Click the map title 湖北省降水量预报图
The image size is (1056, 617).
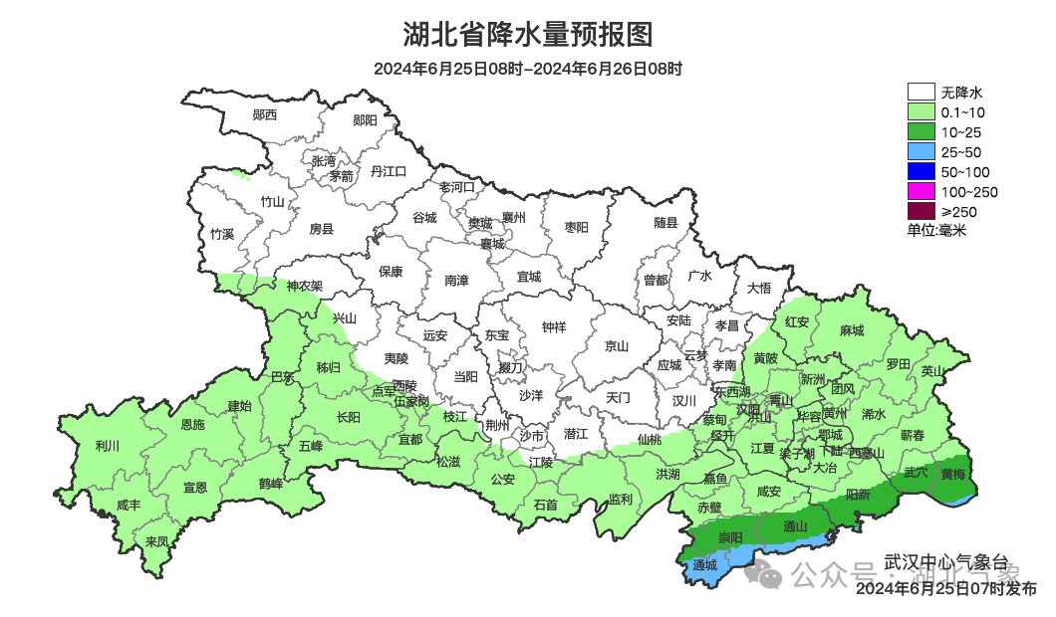point(528,35)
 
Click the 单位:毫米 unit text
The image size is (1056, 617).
point(936,230)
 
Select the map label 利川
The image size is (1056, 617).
point(107,446)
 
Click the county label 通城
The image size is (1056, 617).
point(704,565)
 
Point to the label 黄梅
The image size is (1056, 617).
point(953,474)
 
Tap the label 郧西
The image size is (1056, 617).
point(265,115)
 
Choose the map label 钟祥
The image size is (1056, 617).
point(553,326)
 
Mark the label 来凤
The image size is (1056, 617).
point(156,541)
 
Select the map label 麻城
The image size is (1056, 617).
point(852,330)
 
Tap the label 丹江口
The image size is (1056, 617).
point(389,171)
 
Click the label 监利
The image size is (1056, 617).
point(620,499)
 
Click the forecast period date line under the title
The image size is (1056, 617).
point(528,69)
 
